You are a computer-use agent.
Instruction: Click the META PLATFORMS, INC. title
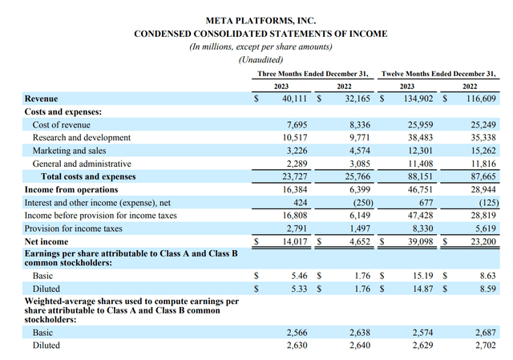tap(261, 19)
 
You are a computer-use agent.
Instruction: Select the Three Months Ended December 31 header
tap(313, 74)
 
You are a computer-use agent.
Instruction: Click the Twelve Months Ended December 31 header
tap(439, 74)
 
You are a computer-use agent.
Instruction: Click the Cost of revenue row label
tap(61, 125)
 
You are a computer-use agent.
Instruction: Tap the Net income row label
tap(46, 241)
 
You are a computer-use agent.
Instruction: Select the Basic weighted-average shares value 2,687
tap(484, 333)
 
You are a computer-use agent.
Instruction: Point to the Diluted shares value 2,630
tap(296, 346)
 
